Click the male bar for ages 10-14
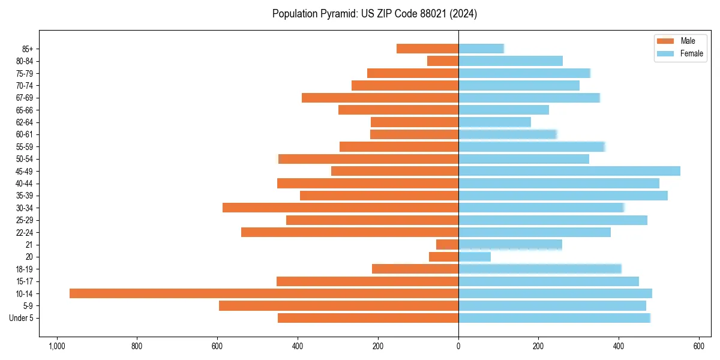264,293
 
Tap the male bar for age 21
447,245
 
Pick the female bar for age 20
474,257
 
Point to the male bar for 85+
427,49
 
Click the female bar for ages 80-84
510,61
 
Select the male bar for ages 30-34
340,208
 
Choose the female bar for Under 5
554,318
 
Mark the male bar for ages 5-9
338,306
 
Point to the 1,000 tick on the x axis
57,346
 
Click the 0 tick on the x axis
458,346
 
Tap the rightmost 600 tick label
699,346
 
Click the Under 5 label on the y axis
21,318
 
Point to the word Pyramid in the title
337,14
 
